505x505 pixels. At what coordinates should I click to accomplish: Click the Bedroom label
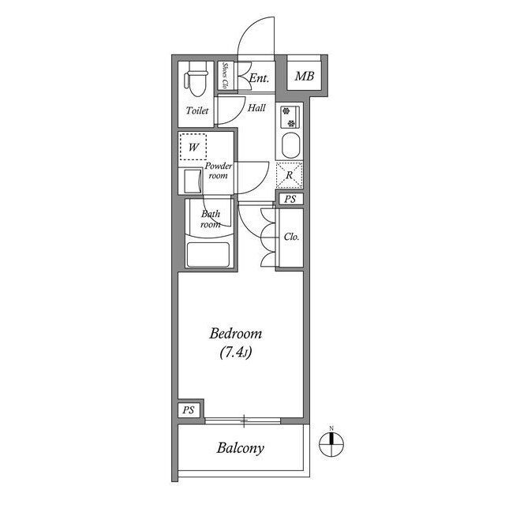(235, 334)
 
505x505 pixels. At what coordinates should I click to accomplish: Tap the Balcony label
(240, 448)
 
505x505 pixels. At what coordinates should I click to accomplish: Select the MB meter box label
(305, 77)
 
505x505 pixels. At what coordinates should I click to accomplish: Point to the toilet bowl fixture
(196, 80)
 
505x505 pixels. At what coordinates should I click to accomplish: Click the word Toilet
(197, 110)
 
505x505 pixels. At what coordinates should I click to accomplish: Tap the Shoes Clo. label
(225, 76)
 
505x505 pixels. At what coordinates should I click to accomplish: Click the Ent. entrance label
(259, 78)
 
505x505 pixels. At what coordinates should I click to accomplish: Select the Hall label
(256, 107)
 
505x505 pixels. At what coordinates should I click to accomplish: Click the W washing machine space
(193, 147)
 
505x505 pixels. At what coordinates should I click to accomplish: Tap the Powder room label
(219, 170)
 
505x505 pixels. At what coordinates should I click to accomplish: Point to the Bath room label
(211, 219)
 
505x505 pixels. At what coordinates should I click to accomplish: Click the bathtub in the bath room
(208, 254)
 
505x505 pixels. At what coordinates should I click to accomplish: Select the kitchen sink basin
(291, 145)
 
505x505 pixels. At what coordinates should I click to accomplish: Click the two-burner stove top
(290, 118)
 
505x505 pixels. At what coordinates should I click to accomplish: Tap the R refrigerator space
(290, 175)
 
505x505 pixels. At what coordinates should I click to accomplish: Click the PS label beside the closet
(290, 199)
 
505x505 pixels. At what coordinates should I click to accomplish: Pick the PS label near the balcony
(189, 410)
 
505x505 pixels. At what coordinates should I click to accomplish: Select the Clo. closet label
(291, 237)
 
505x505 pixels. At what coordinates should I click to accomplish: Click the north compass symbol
(331, 443)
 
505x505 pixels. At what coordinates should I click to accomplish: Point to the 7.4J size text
(235, 353)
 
